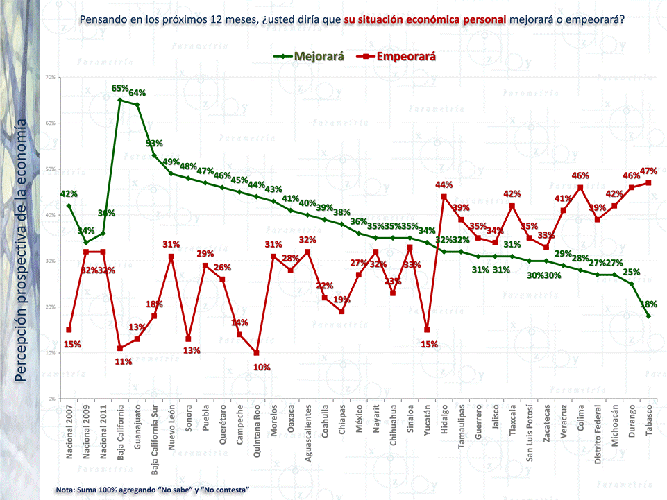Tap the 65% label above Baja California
[120, 89]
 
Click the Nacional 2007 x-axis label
[69, 433]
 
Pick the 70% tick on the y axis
[51, 77]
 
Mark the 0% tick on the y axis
[52, 399]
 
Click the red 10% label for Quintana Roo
[262, 367]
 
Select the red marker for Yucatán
[427, 330]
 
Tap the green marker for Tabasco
[648, 316]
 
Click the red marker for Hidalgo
[444, 197]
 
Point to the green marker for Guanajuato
[137, 105]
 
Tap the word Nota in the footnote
[67, 490]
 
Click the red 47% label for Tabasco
[648, 171]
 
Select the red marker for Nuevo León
[171, 257]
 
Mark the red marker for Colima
[580, 188]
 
